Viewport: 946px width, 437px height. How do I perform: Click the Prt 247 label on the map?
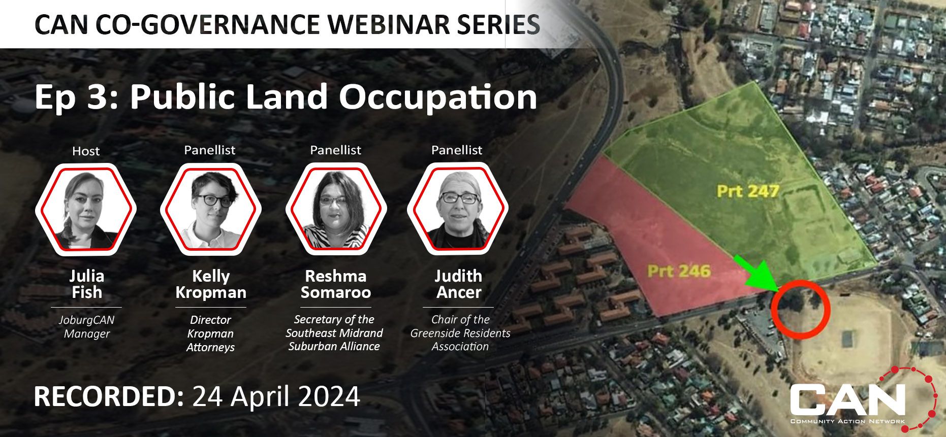(748, 191)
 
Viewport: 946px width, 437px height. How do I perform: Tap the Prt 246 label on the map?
(678, 271)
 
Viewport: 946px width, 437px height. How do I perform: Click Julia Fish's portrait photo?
(86, 209)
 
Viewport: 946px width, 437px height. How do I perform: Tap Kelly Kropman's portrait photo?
(210, 209)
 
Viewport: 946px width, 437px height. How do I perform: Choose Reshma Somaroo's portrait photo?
(336, 209)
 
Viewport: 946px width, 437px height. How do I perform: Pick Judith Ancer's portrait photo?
(458, 209)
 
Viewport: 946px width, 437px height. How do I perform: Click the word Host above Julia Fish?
(86, 151)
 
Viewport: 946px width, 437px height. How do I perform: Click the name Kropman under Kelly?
(211, 292)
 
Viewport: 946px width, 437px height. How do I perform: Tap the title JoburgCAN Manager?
(86, 327)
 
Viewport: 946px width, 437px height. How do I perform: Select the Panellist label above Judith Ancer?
(457, 150)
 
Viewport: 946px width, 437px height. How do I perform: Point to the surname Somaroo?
(336, 292)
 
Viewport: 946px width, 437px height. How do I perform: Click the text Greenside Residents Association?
(460, 340)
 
